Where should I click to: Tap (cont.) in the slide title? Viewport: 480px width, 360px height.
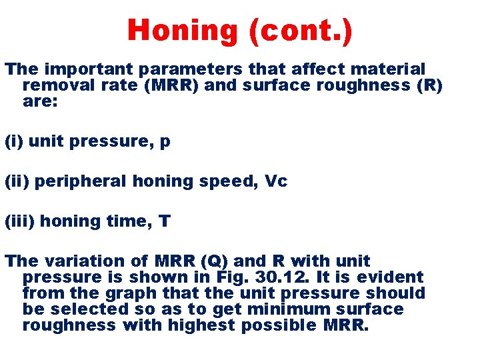(301, 30)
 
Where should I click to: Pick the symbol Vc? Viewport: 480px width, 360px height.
(275, 181)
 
